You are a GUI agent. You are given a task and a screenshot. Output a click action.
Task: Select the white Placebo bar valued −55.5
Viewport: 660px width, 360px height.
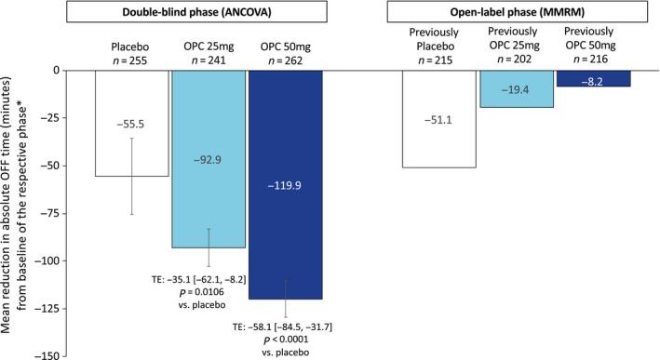pyautogui.click(x=131, y=122)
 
